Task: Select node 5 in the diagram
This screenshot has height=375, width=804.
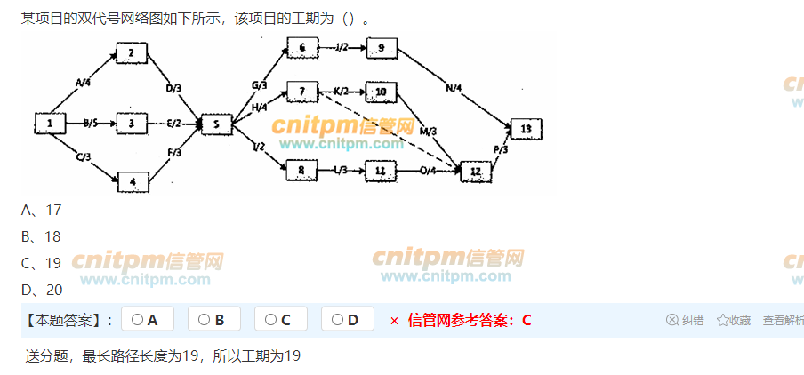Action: pyautogui.click(x=216, y=124)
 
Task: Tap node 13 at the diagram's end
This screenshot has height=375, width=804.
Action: pyautogui.click(x=525, y=129)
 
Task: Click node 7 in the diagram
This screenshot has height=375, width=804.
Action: pyautogui.click(x=301, y=91)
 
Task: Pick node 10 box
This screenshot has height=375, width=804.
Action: pyautogui.click(x=381, y=92)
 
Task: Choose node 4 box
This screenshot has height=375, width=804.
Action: pyautogui.click(x=133, y=182)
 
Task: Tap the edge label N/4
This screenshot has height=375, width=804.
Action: pyautogui.click(x=454, y=87)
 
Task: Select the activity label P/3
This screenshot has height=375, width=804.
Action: pyautogui.click(x=500, y=149)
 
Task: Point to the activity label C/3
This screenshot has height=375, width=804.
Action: pyautogui.click(x=84, y=157)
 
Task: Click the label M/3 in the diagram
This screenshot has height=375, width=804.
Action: pyautogui.click(x=428, y=131)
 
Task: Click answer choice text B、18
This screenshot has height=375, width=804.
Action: pyautogui.click(x=41, y=236)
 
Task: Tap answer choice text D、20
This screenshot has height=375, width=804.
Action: pyautogui.click(x=42, y=290)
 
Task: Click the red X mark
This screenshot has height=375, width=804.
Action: pyautogui.click(x=394, y=321)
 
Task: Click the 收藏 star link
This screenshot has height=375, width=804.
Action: pyautogui.click(x=734, y=321)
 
